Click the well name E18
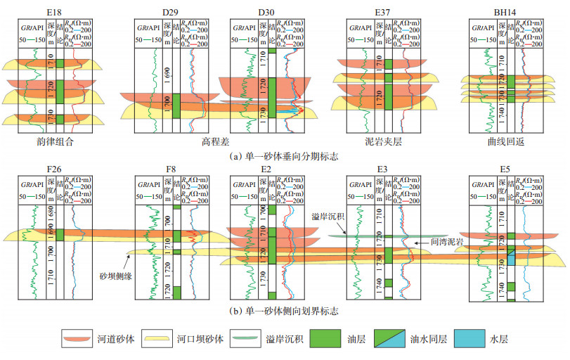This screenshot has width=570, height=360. (47, 11)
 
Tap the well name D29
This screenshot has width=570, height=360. (169, 11)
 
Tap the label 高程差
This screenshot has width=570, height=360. (216, 140)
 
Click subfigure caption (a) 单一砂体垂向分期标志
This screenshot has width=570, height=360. (283, 156)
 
